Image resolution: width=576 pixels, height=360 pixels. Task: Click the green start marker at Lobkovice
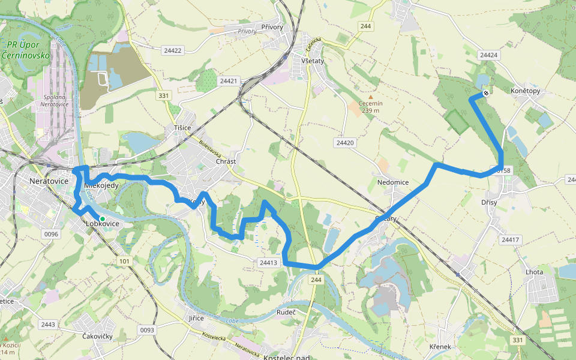[x=103, y=219]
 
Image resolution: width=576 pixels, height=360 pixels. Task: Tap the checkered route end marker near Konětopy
[x=485, y=93]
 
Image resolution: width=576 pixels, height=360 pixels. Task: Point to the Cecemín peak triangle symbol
[x=370, y=97]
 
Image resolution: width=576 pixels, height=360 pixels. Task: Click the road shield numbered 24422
[x=172, y=50]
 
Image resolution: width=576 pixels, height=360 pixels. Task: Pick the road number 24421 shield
[x=229, y=80]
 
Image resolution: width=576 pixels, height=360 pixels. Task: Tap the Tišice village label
[x=182, y=128]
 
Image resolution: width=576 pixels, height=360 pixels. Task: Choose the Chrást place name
[x=226, y=162]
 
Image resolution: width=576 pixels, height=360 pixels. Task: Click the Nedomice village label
[x=393, y=182]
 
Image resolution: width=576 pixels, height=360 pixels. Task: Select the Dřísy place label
[x=489, y=203]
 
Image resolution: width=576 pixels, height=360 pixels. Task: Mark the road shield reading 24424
[x=489, y=55]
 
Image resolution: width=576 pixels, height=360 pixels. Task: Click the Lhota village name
[x=534, y=272]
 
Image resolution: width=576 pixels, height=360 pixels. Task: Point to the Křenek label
[x=440, y=347]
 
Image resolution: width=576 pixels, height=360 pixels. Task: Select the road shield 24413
[x=268, y=262]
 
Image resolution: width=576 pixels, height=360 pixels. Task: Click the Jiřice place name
[x=196, y=318]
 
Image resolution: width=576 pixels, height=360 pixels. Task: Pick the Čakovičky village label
[x=97, y=337]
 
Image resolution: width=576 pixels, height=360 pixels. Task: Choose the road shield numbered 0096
[x=50, y=234]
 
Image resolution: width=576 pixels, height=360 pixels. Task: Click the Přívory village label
[x=272, y=27]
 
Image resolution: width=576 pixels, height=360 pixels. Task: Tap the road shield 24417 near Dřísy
[x=509, y=240]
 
